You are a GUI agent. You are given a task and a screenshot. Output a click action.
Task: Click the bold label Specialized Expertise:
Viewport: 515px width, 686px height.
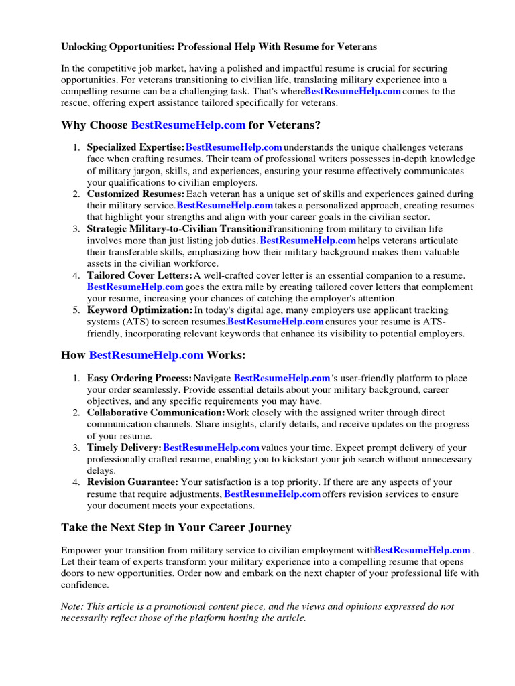coord(135,147)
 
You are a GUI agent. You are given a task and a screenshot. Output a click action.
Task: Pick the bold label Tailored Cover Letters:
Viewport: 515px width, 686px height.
coord(139,275)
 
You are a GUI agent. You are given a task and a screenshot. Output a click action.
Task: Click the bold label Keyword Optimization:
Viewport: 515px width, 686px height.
coord(139,310)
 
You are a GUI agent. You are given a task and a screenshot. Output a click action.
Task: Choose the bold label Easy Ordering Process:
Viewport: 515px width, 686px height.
coord(139,379)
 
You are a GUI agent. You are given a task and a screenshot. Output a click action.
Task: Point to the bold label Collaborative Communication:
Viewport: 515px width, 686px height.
coord(156,413)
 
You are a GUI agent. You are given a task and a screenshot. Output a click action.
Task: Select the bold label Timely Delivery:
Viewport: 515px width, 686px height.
coord(124,448)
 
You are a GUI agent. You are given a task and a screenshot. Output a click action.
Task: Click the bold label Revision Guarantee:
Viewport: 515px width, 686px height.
coord(132,482)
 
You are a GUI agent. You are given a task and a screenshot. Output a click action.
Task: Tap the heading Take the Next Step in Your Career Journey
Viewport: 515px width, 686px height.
coord(176,527)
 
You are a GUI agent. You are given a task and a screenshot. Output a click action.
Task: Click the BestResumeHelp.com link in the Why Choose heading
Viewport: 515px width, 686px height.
coord(188,125)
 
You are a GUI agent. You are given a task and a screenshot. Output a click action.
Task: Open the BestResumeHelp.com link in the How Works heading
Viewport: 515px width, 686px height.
coord(146,355)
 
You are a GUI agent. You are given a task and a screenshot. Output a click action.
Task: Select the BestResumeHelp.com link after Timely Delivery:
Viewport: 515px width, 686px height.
coord(211,448)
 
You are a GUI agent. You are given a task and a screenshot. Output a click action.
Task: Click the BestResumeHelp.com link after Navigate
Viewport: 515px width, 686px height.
coord(282,379)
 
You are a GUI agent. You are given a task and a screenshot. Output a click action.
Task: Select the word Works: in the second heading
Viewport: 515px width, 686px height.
coord(226,355)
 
